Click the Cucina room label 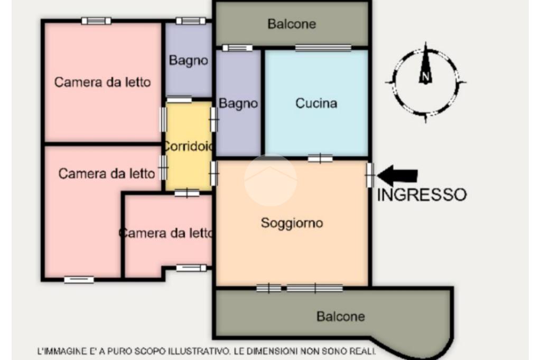point(316,103)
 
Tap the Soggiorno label point(292,223)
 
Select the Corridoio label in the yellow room point(189,146)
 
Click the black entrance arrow point(397,175)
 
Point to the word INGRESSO point(422,195)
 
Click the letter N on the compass point(425,77)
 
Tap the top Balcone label point(292,24)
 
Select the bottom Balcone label point(341,316)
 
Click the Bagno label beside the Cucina point(238,103)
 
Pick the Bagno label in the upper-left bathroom point(189,60)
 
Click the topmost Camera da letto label point(102,82)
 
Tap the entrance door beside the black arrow point(370,175)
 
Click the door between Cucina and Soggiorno point(320,158)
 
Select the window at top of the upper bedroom point(96,21)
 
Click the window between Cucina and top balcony point(323,48)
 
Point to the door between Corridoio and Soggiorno point(214,174)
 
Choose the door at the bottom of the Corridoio point(186,193)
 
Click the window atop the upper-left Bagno point(190,21)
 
